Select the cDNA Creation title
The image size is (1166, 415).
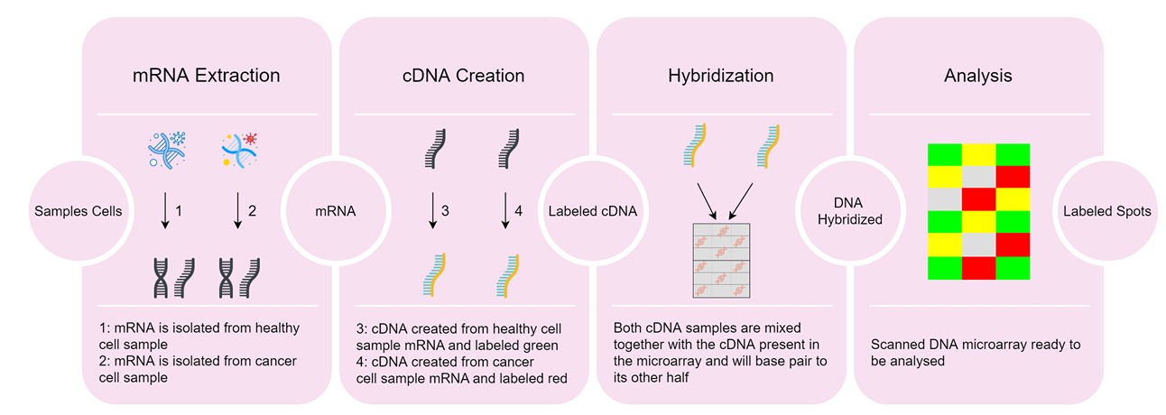[x=465, y=76]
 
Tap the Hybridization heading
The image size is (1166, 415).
[x=720, y=76]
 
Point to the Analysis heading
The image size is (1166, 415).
[x=977, y=76]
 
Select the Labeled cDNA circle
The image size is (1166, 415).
[x=592, y=211]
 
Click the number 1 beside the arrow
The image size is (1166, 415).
[x=179, y=211]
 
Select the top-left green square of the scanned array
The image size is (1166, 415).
[x=944, y=154]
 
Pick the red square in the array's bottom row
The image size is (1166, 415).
[x=978, y=268]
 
